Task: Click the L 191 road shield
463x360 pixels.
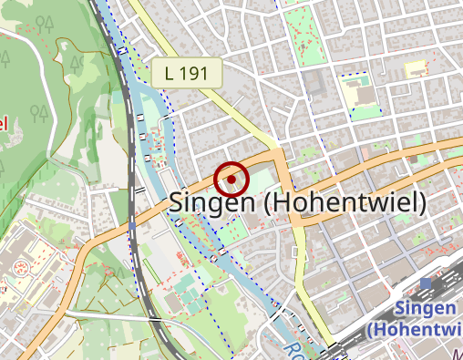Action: tap(188, 75)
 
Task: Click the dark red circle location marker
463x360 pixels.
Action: tap(231, 179)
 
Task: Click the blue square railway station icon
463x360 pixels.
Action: tap(426, 283)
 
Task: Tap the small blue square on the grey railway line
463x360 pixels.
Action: tap(133, 221)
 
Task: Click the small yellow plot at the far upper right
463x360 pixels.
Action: tap(416, 68)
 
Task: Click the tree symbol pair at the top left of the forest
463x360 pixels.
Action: tap(41, 113)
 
